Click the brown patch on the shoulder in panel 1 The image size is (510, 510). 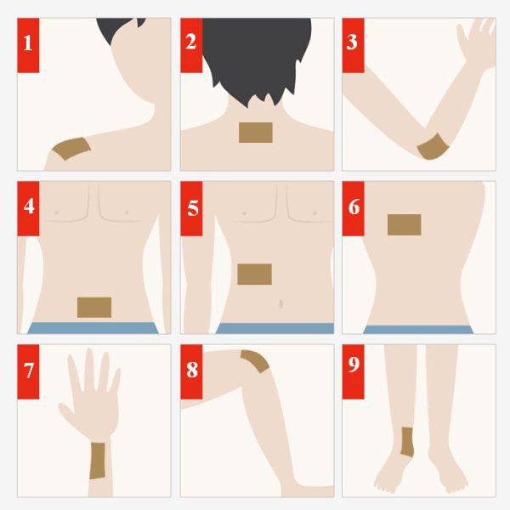pos(72,148)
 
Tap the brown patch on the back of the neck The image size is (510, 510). pos(256,133)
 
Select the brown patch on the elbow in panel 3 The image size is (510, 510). pos(433,147)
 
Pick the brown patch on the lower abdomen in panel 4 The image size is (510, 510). pos(94,308)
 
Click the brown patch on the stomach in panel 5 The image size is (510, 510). pos(255,275)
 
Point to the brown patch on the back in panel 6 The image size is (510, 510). pos(405,224)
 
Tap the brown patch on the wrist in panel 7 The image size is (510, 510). pos(98,461)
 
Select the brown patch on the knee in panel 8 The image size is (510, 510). pos(256,360)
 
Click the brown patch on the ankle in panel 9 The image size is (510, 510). pos(407,442)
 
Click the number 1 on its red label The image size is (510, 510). pos(28,43)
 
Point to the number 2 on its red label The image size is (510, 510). pos(191,42)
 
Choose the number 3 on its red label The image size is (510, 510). pos(352,42)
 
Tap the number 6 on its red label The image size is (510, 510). pos(354,207)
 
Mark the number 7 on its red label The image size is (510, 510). pos(29,371)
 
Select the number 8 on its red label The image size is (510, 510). pos(192,370)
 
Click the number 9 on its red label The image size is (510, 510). pos(354,365)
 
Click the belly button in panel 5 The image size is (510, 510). pos(281,304)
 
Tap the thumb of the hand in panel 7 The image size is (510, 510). pos(66,414)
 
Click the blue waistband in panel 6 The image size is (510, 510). pos(418,330)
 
